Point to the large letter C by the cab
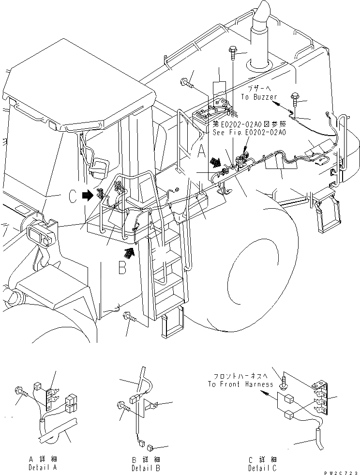(x=72, y=196)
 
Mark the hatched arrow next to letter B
(x=128, y=252)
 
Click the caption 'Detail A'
(x=42, y=468)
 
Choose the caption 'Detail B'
(x=146, y=468)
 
